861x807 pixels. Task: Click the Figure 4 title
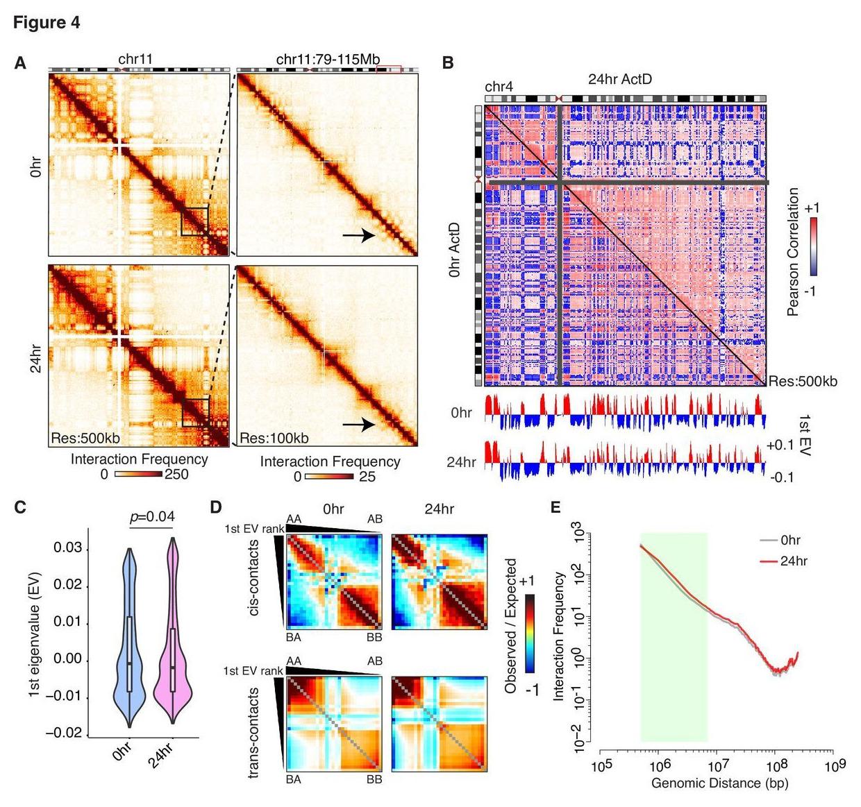[x=47, y=23]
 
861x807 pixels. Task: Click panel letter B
[x=448, y=63]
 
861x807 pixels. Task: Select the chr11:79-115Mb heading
[x=328, y=60]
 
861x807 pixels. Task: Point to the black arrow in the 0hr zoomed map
[x=358, y=236]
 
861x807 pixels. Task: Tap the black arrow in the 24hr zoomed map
[x=358, y=423]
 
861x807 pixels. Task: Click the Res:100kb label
[x=274, y=438]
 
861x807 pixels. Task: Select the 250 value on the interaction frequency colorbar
[x=176, y=475]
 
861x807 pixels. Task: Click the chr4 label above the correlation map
[x=499, y=87]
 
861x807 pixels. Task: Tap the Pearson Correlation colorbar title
[x=794, y=251]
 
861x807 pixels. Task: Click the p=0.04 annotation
[x=153, y=516]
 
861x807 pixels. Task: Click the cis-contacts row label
[x=256, y=582]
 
